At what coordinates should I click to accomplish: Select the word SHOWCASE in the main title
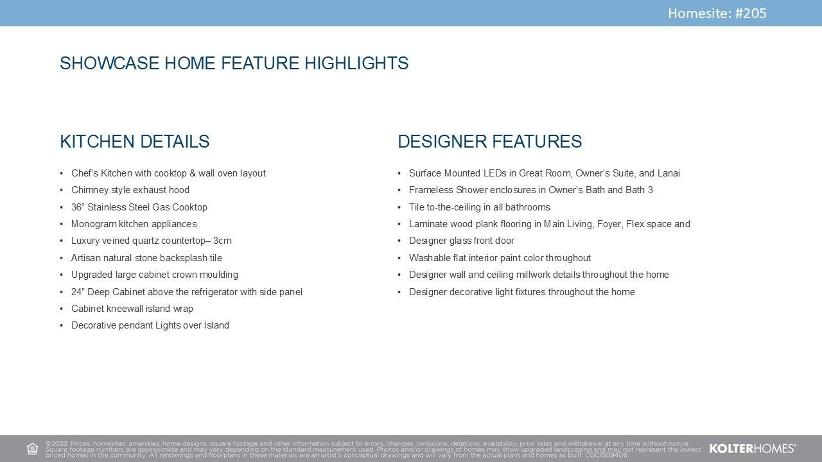110,63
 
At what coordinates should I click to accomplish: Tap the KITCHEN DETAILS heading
135,142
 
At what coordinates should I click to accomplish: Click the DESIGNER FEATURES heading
490,142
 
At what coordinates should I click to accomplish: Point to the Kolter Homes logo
753,449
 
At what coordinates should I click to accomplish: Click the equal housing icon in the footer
32,449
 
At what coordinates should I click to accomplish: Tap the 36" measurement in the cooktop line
78,207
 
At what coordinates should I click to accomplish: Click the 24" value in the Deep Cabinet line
78,292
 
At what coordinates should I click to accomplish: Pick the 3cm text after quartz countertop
222,241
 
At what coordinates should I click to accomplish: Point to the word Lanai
669,173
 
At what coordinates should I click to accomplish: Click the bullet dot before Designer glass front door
399,241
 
